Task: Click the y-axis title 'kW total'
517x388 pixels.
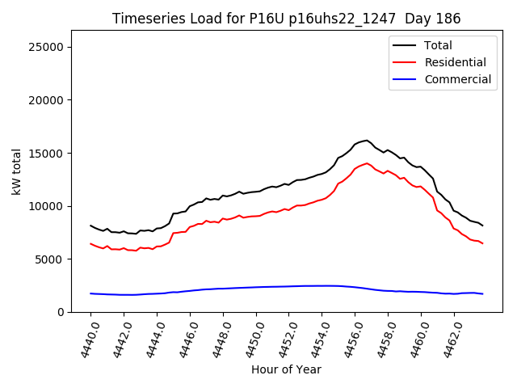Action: coord(16,171)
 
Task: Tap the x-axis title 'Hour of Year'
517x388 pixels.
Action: coord(286,369)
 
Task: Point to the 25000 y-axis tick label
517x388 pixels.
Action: coord(48,47)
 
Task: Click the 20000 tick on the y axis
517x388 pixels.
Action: coord(48,100)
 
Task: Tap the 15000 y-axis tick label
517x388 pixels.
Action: coord(48,153)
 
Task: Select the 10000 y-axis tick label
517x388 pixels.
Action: coord(48,206)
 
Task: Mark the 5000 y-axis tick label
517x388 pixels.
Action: coord(51,259)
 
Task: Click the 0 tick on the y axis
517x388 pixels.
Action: coord(61,312)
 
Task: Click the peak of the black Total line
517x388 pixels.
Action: coord(367,140)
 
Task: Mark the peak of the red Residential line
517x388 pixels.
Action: coord(367,163)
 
